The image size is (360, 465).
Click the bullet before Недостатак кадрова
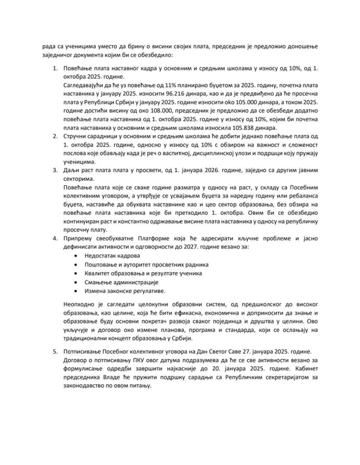click(75, 257)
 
